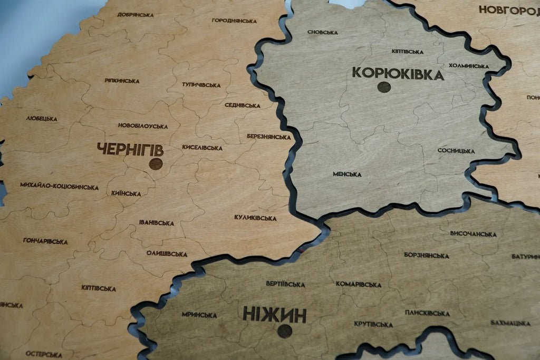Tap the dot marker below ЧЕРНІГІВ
[x=156, y=164]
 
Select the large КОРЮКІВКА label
[x=398, y=73]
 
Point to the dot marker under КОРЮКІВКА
[x=384, y=87]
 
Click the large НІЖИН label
[x=274, y=315]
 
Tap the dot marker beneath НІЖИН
[x=285, y=331]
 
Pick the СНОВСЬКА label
[x=322, y=32]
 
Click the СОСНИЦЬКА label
[x=456, y=151]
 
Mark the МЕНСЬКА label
[x=347, y=174]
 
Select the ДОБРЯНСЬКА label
[x=136, y=15]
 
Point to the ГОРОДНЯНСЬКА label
[x=234, y=21]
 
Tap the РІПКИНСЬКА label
[x=122, y=81]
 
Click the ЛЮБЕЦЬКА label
[x=42, y=119]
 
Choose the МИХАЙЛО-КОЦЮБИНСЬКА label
[x=59, y=186]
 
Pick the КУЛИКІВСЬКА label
[x=255, y=217]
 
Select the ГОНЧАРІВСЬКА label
[x=45, y=241]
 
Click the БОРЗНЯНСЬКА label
[x=426, y=255]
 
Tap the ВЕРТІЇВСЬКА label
[x=285, y=284]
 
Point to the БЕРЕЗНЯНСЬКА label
[x=268, y=137]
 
